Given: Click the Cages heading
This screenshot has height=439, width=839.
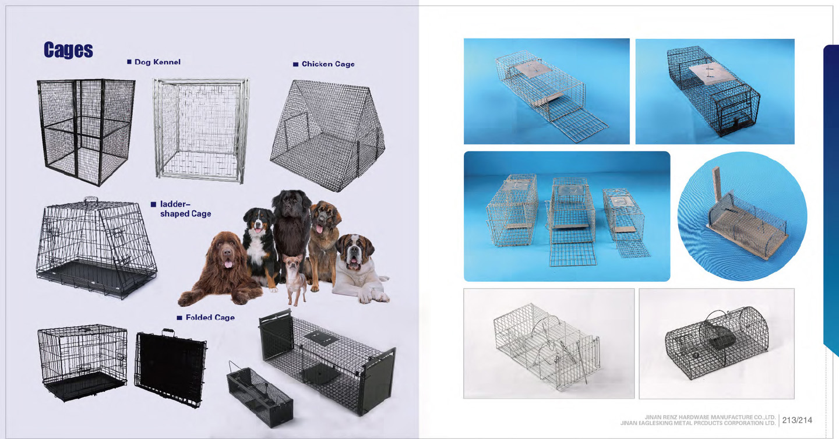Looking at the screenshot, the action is pyautogui.click(x=68, y=49).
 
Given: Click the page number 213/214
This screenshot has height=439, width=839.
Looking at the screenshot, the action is pyautogui.click(x=797, y=420).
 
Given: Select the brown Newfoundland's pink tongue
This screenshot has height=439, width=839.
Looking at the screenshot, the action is pyautogui.click(x=228, y=264).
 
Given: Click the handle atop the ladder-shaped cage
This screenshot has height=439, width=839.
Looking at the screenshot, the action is pyautogui.click(x=91, y=200).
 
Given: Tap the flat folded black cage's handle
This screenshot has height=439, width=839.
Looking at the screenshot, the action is pyautogui.click(x=168, y=332).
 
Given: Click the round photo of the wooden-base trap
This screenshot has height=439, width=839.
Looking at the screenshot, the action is pyautogui.click(x=742, y=217).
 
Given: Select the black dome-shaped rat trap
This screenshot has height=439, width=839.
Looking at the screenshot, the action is pyautogui.click(x=717, y=343).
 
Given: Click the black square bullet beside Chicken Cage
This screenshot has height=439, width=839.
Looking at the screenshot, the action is pyautogui.click(x=295, y=65).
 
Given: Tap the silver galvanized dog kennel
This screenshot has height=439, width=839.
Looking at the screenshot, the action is pyautogui.click(x=201, y=130).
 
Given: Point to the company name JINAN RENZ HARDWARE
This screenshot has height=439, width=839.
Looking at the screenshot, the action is pyautogui.click(x=710, y=417).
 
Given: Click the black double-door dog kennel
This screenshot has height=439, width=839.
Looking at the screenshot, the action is pyautogui.click(x=86, y=132).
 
